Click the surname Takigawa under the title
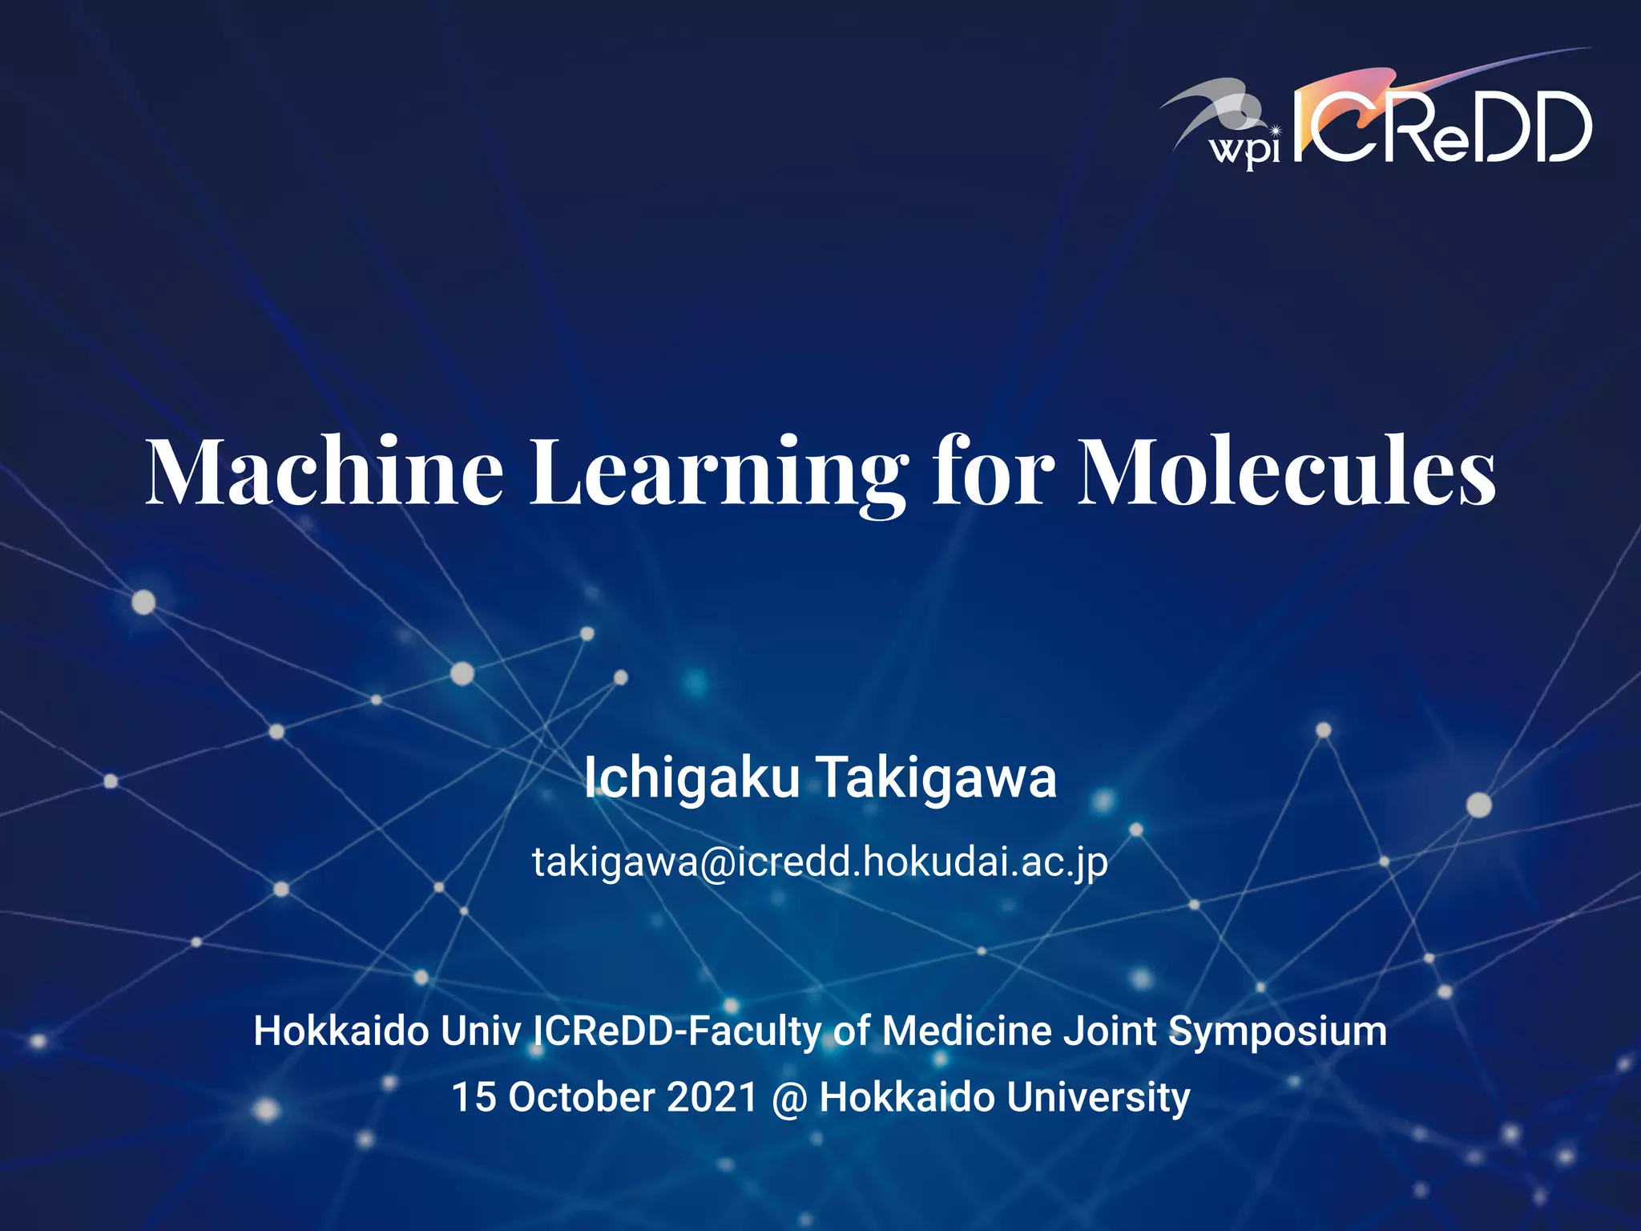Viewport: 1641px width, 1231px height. pos(937,779)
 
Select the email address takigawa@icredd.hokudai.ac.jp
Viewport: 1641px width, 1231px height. pos(820,862)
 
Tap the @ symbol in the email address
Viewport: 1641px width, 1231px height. pos(717,863)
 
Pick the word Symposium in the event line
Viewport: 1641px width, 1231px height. pos(1277,1031)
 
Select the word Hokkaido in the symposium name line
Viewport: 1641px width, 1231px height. pos(341,1031)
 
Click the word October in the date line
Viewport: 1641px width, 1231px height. pos(582,1097)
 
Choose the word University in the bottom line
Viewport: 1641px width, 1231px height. pos(1098,1097)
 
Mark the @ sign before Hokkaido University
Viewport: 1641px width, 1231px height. pos(788,1099)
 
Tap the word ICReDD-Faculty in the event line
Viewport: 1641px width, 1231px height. pos(678,1031)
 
